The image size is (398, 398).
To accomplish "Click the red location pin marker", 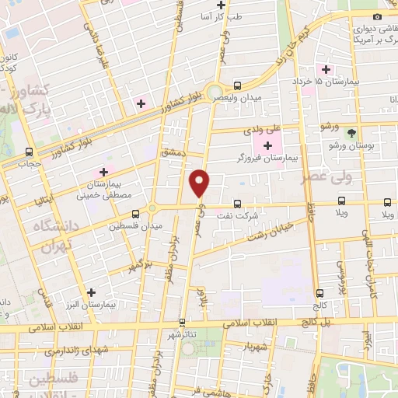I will tap(201, 183).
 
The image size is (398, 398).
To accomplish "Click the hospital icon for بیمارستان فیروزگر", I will tap(267, 145).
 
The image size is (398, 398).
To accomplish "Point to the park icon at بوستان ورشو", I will tap(351, 133).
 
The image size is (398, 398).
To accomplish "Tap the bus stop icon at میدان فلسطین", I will tap(135, 212).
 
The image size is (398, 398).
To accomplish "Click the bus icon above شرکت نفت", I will tap(237, 202).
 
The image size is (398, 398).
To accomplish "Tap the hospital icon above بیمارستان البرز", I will tap(93, 293).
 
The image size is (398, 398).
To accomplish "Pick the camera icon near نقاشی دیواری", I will tap(377, 17).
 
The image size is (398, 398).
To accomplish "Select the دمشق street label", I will tap(173, 153).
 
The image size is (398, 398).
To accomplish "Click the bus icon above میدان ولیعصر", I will tap(237, 86).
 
